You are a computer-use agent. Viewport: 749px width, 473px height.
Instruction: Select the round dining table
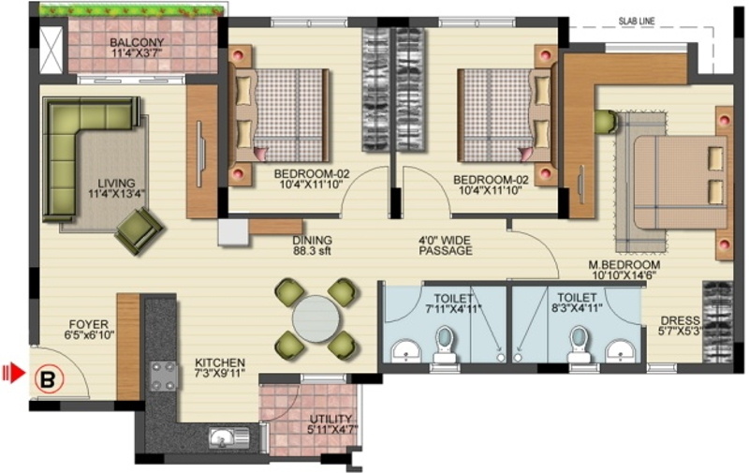[x=317, y=318]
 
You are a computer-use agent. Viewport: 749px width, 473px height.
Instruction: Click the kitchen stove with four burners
[x=164, y=375]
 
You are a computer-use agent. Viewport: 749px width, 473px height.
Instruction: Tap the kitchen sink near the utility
[x=222, y=436]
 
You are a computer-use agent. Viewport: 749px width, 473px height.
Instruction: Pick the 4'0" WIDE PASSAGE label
[x=445, y=244]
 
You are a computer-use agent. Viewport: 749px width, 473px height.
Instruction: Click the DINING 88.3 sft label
[x=312, y=244]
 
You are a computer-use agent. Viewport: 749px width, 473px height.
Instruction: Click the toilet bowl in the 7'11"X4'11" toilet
[x=445, y=343]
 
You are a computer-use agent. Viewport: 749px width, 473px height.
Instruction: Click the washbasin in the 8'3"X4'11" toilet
[x=619, y=350]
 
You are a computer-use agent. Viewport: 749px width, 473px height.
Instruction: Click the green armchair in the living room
[x=139, y=230]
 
